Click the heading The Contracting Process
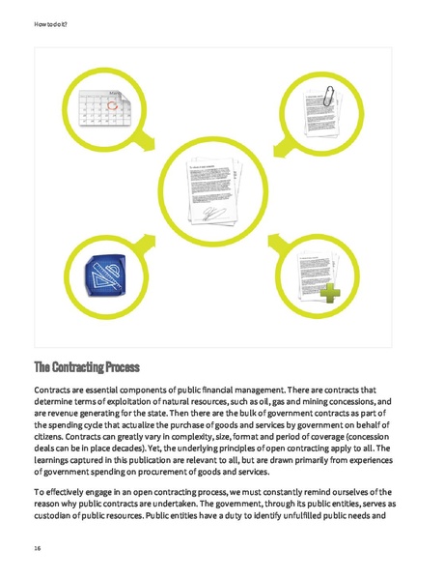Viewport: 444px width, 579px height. click(87, 367)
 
